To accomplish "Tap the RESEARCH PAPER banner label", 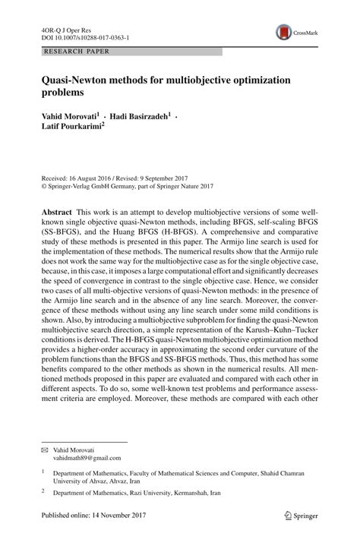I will (x=76, y=52).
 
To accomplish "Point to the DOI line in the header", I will (x=84, y=36).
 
